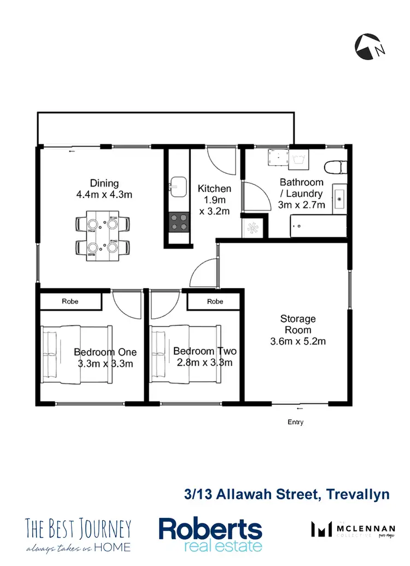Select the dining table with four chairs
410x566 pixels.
[103, 236]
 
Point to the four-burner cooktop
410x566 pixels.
[178, 223]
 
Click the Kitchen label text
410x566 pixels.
[214, 189]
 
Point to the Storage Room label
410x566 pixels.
[298, 324]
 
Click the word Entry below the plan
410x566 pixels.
[295, 422]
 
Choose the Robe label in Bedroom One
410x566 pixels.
[70, 301]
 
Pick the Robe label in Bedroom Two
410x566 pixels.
[215, 301]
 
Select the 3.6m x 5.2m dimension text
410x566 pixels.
[298, 342]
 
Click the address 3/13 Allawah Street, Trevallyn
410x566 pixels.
[286, 495]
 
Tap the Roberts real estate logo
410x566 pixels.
[210, 534]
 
